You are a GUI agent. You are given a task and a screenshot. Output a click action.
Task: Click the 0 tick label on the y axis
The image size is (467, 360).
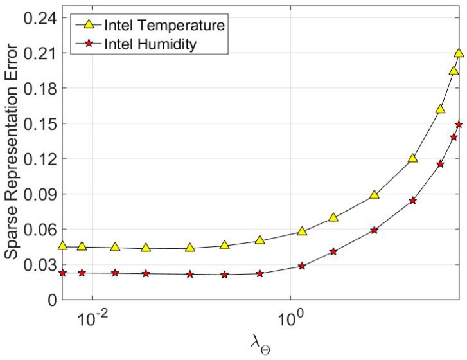click(51, 300)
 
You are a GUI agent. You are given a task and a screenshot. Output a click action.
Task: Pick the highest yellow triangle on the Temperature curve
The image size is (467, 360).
click(459, 53)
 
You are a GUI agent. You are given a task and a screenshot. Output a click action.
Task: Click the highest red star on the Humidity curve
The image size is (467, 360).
click(459, 124)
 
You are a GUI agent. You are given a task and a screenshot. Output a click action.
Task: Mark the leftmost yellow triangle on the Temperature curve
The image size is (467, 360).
click(62, 246)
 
